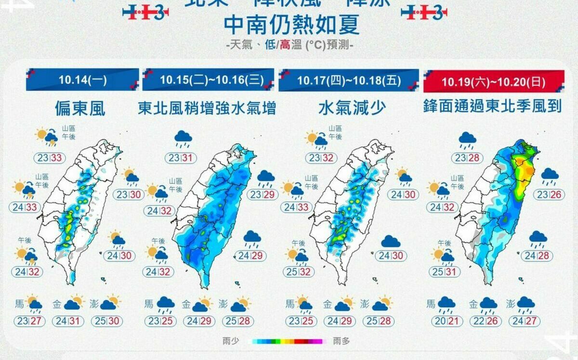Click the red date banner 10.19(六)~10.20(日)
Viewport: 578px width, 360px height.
point(494,81)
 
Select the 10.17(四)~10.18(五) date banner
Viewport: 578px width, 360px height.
point(349,80)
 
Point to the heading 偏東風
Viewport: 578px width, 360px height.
point(80,108)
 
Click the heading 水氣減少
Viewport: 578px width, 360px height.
point(352,108)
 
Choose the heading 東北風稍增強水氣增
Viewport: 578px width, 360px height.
point(207,108)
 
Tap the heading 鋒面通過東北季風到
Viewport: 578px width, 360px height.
point(493,106)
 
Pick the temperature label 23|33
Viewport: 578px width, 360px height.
point(50,158)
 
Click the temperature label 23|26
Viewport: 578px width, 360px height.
point(550,195)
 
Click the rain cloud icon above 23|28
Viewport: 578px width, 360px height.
point(467,140)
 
